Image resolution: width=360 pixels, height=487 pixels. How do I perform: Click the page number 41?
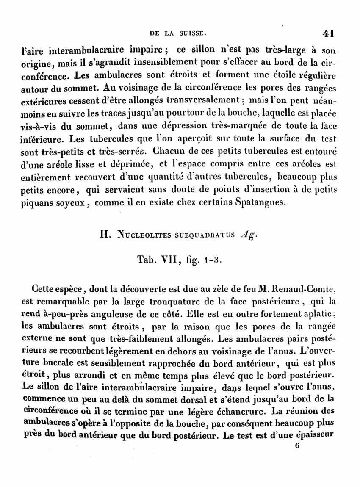point(329,34)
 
